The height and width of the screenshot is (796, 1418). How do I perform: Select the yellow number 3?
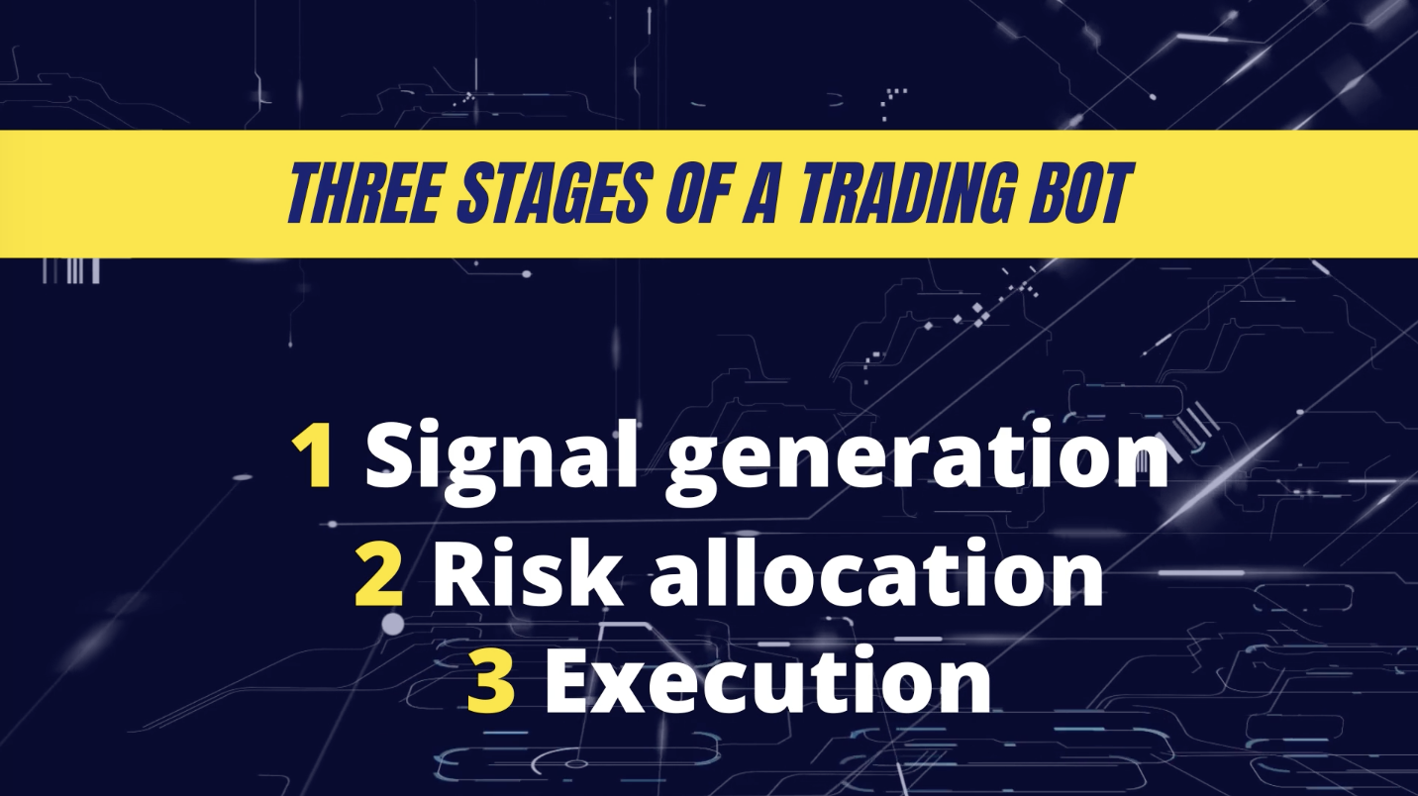pos(490,681)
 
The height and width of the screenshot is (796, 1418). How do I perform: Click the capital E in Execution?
pos(568,681)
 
